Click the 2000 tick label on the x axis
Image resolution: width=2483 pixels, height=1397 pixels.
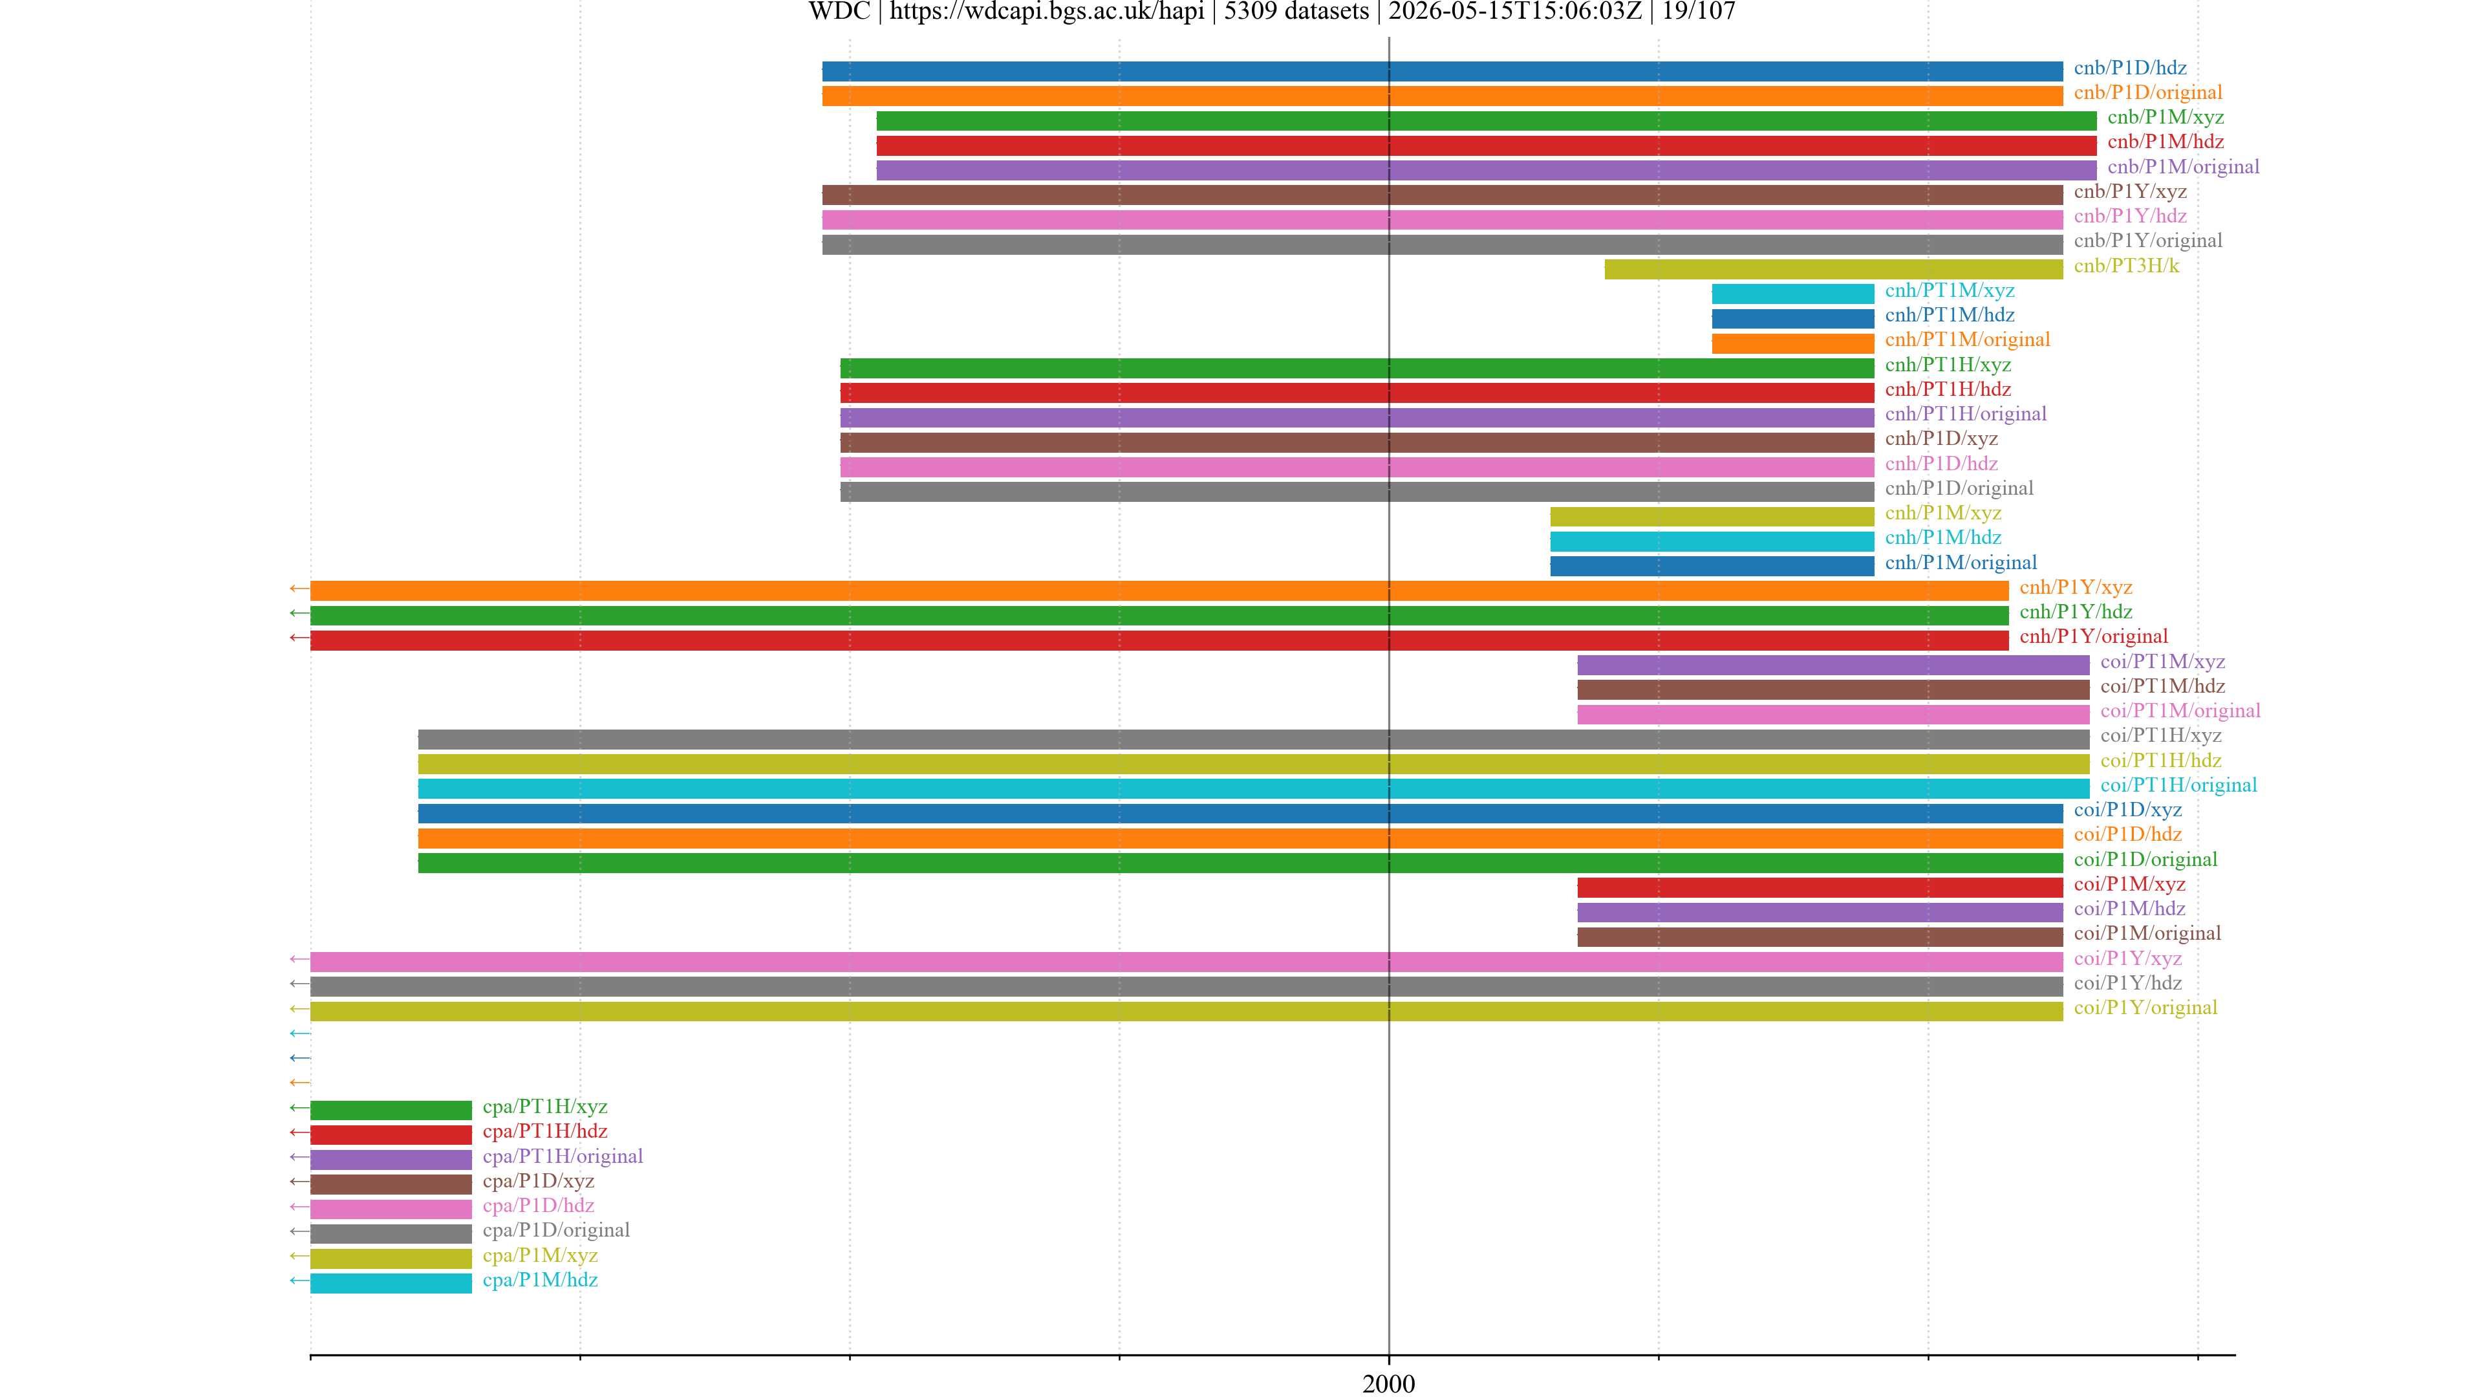coord(1388,1383)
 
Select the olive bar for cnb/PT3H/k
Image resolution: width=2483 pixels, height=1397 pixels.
coord(1833,269)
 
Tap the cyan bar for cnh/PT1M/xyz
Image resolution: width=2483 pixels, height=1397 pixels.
coord(1793,294)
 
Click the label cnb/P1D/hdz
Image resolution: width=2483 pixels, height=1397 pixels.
coord(2130,67)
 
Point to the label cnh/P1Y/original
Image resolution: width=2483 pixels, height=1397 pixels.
coord(2094,636)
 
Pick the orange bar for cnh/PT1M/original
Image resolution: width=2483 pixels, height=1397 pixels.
coord(1793,343)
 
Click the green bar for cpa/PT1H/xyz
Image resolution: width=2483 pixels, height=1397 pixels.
coord(391,1110)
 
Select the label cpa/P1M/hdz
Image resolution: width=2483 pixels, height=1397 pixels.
coord(540,1281)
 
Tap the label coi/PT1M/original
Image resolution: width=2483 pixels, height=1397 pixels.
coord(2180,711)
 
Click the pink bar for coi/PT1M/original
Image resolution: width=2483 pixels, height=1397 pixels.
coord(1833,715)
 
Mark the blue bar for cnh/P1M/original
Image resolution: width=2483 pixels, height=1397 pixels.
coord(1712,566)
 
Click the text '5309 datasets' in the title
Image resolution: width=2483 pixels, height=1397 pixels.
coord(1296,12)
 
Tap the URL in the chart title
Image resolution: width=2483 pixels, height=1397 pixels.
coord(1047,12)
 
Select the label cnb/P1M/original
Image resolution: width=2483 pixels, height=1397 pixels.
coord(2183,167)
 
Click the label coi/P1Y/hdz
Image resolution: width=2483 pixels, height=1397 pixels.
coord(2127,983)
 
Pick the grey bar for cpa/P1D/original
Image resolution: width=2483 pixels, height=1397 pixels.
coord(391,1234)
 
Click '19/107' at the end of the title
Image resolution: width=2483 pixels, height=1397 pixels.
coord(1699,12)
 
